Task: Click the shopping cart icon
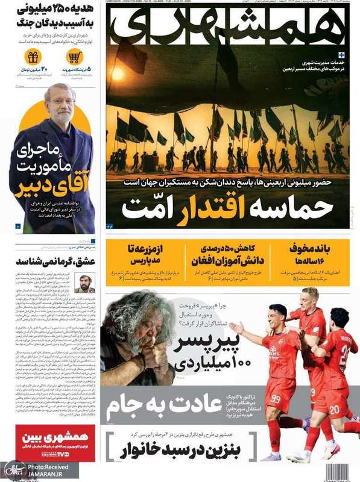click(75, 58)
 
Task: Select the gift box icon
click(33, 58)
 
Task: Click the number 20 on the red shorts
click(333, 409)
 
